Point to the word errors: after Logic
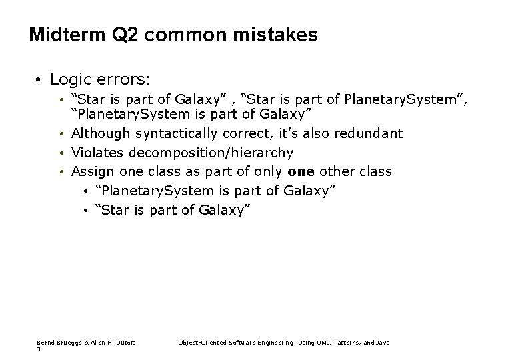click(126, 79)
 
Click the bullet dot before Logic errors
click(40, 80)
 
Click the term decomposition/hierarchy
click(210, 153)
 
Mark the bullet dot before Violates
click(62, 153)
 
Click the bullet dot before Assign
click(62, 173)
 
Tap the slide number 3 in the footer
click(39, 349)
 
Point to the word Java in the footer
click(383, 343)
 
